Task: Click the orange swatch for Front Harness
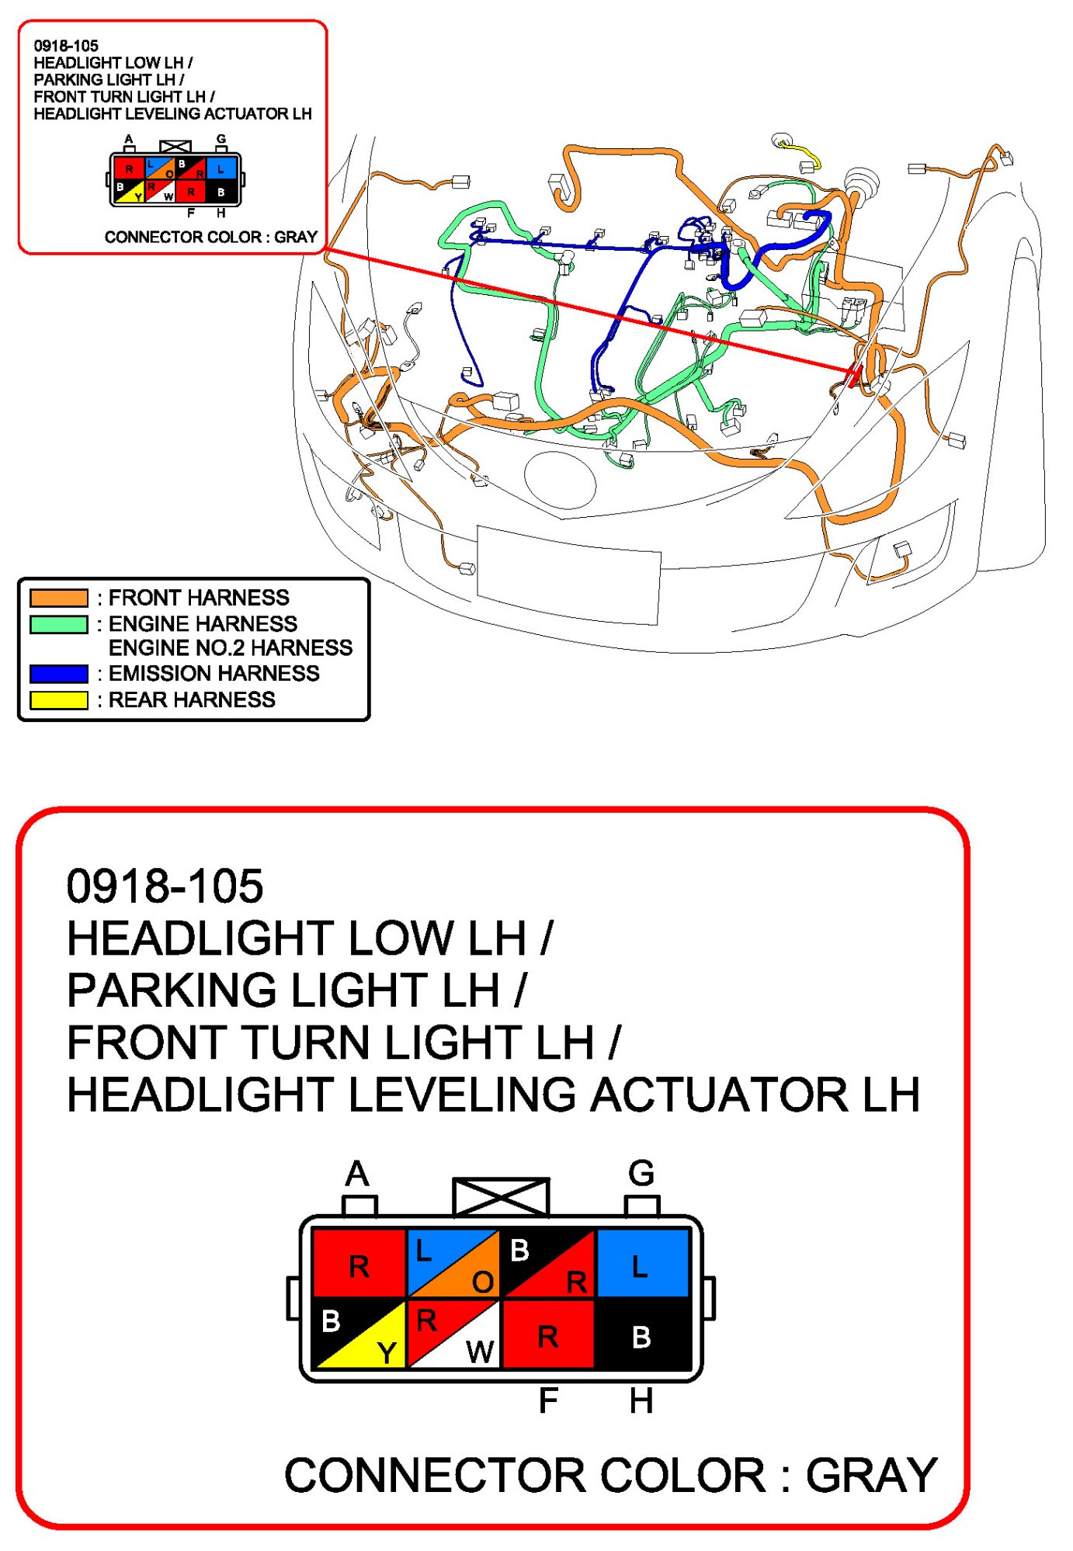[x=58, y=598]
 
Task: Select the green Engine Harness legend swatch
[x=58, y=624]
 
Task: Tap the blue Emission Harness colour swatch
[x=58, y=673]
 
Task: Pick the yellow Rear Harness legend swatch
[x=58, y=699]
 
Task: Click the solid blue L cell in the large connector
[x=641, y=1263]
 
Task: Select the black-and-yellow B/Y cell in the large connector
[x=359, y=1334]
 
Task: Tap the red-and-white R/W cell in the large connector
[x=453, y=1334]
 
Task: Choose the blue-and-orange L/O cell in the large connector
[x=453, y=1263]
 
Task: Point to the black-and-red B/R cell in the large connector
[x=547, y=1263]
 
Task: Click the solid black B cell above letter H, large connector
[x=641, y=1334]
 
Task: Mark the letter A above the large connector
[x=357, y=1173]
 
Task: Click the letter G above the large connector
[x=641, y=1173]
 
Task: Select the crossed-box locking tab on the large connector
[x=502, y=1196]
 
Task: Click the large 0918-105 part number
[x=165, y=886]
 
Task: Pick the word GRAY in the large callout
[x=871, y=1475]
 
